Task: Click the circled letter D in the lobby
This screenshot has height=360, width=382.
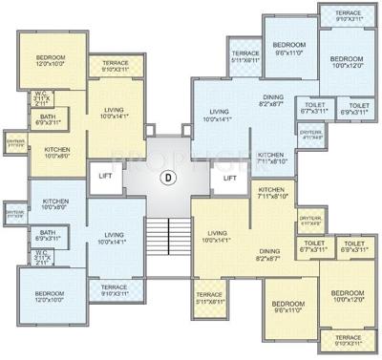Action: pos(168,177)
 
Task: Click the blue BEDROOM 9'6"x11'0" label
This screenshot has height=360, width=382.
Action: pos(288,50)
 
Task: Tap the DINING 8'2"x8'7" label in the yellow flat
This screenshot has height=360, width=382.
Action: pos(269,254)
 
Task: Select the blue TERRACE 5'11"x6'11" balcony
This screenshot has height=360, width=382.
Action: pos(245,57)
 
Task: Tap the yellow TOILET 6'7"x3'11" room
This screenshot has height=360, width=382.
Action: pos(312,247)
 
